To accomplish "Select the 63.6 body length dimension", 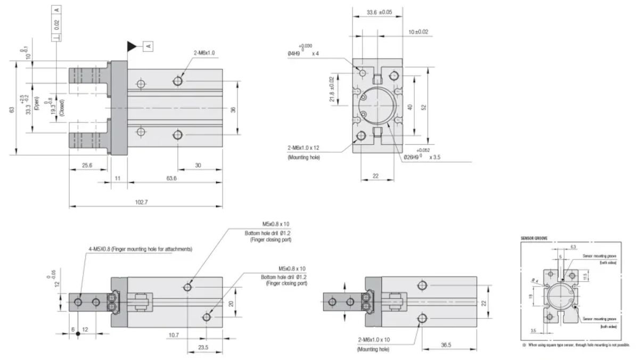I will pyautogui.click(x=171, y=178).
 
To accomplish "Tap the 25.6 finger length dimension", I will pyautogui.click(x=87, y=166).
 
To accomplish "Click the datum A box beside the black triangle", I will pyautogui.click(x=149, y=46).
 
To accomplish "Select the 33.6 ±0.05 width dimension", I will pyautogui.click(x=380, y=12).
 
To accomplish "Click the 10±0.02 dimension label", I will pyautogui.click(x=418, y=32).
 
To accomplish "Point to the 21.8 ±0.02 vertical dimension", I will pyautogui.click(x=332, y=89).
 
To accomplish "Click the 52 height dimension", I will pyautogui.click(x=423, y=107).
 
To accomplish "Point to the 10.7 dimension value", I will pyautogui.click(x=174, y=335).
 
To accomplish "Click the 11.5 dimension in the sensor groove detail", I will pyautogui.click(x=585, y=275).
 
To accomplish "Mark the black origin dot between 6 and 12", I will pyautogui.click(x=78, y=333).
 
